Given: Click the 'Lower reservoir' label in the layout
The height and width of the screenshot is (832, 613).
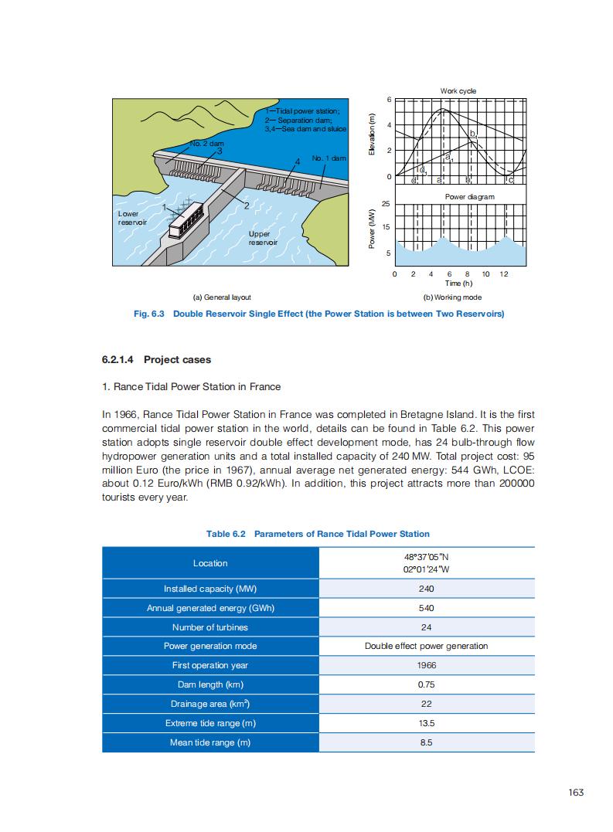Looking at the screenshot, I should pyautogui.click(x=128, y=218).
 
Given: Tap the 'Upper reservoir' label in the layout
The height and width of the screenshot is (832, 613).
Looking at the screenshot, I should pyautogui.click(x=262, y=237).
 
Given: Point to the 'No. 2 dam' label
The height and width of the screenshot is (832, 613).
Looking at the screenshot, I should pyautogui.click(x=206, y=144).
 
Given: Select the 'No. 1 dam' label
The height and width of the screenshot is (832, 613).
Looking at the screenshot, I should pyautogui.click(x=329, y=158).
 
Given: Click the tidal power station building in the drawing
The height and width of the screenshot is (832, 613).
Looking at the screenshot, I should pyautogui.click(x=186, y=220).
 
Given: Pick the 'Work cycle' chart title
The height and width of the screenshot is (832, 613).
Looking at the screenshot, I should pyautogui.click(x=458, y=91).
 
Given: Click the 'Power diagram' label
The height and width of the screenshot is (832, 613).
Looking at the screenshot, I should pyautogui.click(x=469, y=197).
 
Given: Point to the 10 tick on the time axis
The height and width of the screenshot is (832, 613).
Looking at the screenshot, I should pyautogui.click(x=485, y=274).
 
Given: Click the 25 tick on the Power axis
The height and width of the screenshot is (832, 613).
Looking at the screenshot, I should pyautogui.click(x=387, y=203).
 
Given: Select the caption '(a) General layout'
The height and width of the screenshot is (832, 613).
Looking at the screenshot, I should pyautogui.click(x=222, y=297).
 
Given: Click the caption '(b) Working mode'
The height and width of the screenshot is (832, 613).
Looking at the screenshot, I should pyautogui.click(x=452, y=297).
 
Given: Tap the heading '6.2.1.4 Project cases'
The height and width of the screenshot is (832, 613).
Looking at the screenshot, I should pyautogui.click(x=156, y=360).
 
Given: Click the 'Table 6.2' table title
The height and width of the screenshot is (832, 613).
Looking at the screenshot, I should pyautogui.click(x=318, y=534).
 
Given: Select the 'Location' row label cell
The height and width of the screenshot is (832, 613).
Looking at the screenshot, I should pyautogui.click(x=210, y=563).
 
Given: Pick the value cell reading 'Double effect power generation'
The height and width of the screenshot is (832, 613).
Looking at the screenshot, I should pyautogui.click(x=426, y=646).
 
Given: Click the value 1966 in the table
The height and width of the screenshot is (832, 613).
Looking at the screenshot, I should pyautogui.click(x=426, y=665).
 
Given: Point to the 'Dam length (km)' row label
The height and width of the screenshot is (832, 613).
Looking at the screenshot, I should pyautogui.click(x=210, y=684).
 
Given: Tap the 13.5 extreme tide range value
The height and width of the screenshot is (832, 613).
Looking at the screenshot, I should pyautogui.click(x=426, y=723).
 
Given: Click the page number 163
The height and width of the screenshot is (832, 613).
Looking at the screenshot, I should pyautogui.click(x=575, y=793).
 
